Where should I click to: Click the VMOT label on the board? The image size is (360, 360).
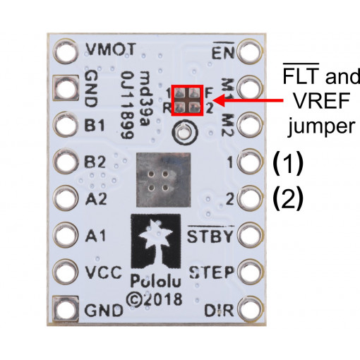(x=109, y=50)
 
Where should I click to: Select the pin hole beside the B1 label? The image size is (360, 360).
(x=66, y=125)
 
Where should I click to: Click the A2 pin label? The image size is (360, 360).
(x=95, y=198)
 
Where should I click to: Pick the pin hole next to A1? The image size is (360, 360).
(x=66, y=234)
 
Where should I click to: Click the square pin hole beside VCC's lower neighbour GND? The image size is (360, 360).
(x=66, y=309)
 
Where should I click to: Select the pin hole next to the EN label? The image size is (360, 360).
(x=248, y=52)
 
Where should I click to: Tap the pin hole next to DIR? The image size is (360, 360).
(x=248, y=309)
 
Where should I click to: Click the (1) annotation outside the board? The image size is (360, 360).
(x=287, y=163)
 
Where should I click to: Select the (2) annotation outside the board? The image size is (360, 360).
(x=287, y=198)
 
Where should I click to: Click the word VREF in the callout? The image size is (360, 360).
(x=312, y=101)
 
